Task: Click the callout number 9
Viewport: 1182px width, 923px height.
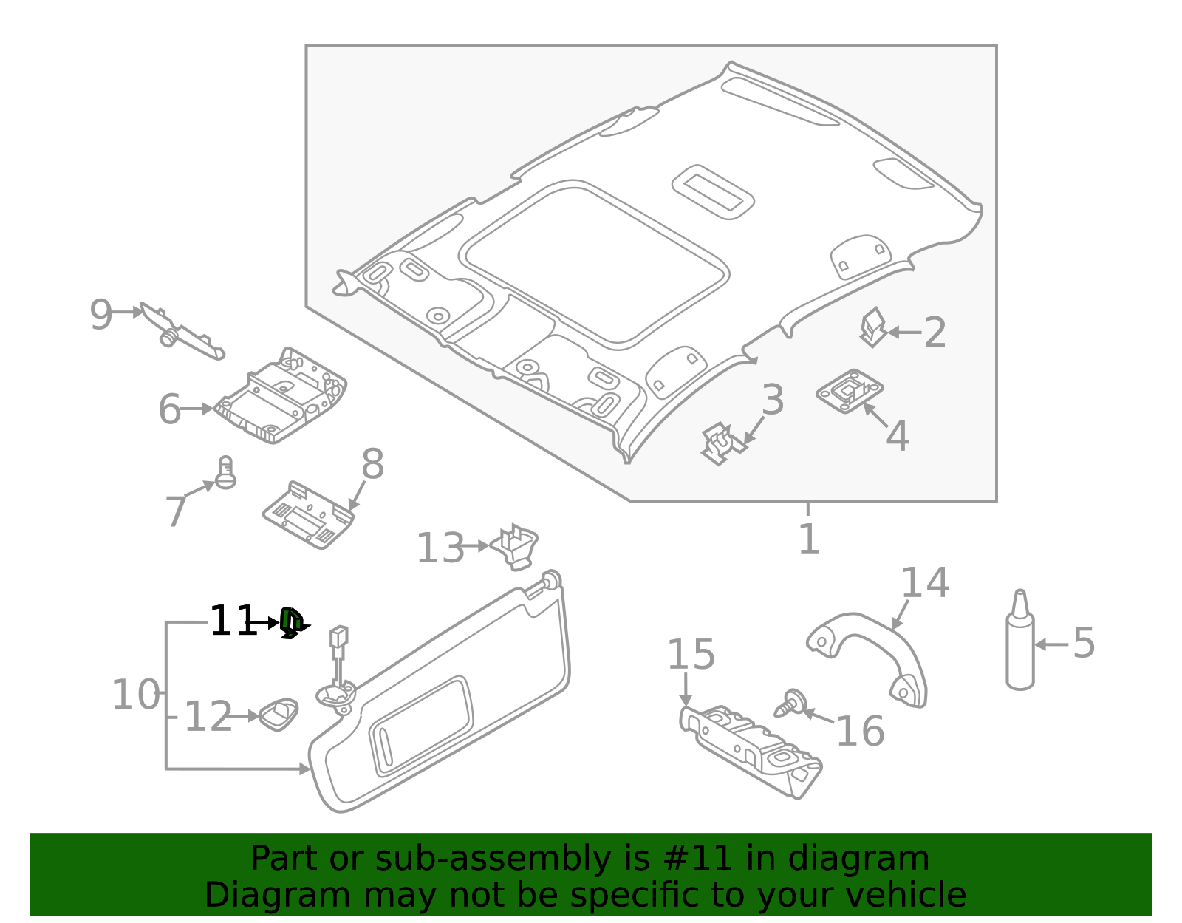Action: click(100, 315)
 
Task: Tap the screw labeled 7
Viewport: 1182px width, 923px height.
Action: click(226, 474)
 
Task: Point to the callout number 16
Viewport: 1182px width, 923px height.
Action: click(860, 732)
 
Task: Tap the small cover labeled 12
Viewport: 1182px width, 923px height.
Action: click(279, 714)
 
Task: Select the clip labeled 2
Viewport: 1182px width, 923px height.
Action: click(873, 327)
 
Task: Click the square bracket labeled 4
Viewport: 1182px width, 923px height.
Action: click(850, 390)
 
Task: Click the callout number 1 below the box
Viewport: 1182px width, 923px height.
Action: click(809, 539)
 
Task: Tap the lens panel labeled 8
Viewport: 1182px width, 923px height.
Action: click(308, 515)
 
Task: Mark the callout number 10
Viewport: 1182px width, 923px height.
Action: click(135, 695)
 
